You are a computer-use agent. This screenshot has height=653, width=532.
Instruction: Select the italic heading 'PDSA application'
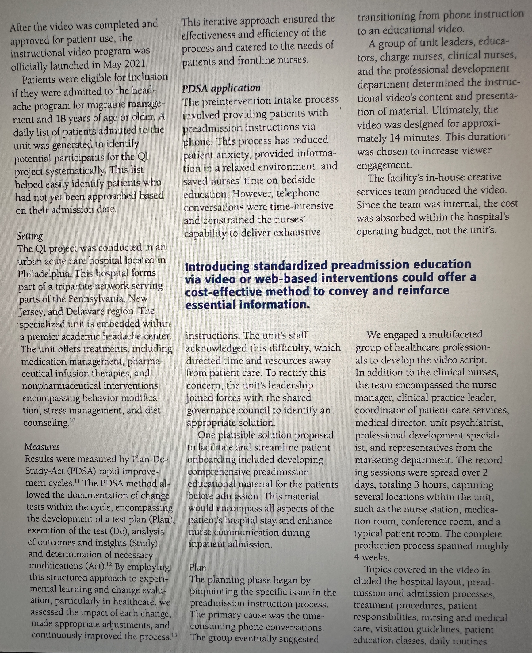[221, 88]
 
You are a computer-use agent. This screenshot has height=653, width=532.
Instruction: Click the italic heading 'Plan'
[198, 568]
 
